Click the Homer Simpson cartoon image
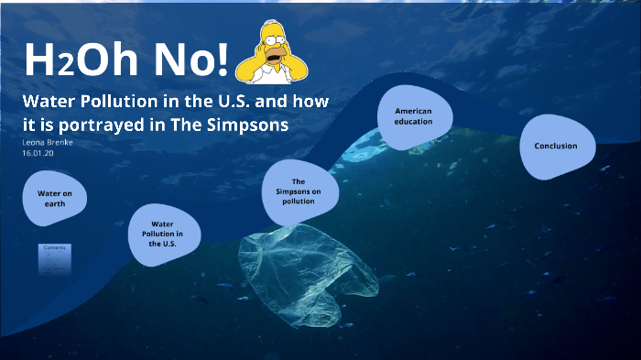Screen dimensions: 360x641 (x=271, y=53)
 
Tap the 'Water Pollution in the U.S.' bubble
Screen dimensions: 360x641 (x=162, y=235)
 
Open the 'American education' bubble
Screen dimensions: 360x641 (x=413, y=116)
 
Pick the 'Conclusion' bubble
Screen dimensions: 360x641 (x=556, y=146)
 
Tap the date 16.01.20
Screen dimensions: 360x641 (x=39, y=153)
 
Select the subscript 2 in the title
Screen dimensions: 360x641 (x=65, y=66)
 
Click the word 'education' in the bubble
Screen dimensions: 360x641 (x=414, y=122)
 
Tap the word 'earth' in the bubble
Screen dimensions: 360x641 (x=54, y=204)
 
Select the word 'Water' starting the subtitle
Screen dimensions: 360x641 (x=47, y=101)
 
